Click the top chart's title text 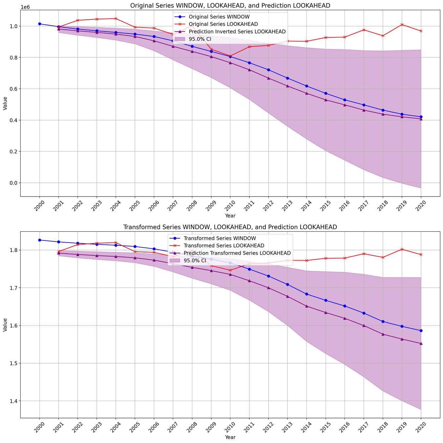click(x=230, y=6)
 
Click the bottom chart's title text click(x=230, y=227)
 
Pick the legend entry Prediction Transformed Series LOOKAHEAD click(x=237, y=253)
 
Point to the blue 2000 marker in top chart click(x=40, y=24)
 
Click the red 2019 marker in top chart click(x=402, y=25)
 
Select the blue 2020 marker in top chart click(x=421, y=117)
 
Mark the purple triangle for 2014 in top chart click(x=306, y=93)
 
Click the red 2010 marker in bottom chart click(x=230, y=270)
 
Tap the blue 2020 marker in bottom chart click(x=421, y=330)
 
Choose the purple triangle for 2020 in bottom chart click(x=421, y=344)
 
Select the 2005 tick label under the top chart click(x=135, y=207)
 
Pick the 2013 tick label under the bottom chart click(x=287, y=428)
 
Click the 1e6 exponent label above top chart click(x=25, y=7)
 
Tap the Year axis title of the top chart click(x=230, y=216)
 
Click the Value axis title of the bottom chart click(x=5, y=325)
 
